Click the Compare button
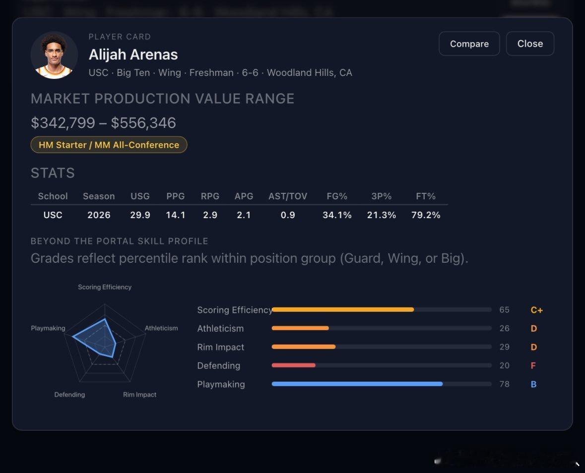(x=469, y=44)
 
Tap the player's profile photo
(x=54, y=55)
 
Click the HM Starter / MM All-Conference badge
(x=109, y=145)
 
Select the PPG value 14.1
(x=175, y=215)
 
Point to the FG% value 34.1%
(x=337, y=215)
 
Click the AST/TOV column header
(x=288, y=196)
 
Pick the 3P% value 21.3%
(x=381, y=215)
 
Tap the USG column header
(x=140, y=196)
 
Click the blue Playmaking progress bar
(x=357, y=384)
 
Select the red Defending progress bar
(x=294, y=365)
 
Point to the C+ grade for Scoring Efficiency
(x=536, y=310)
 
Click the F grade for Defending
(x=533, y=365)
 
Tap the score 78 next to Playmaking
(x=505, y=384)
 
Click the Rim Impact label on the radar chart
(x=139, y=394)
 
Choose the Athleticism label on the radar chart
(x=161, y=328)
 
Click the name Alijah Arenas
(x=133, y=55)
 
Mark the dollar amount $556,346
(x=143, y=123)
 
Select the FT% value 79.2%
(x=426, y=215)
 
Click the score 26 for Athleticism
(x=505, y=328)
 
